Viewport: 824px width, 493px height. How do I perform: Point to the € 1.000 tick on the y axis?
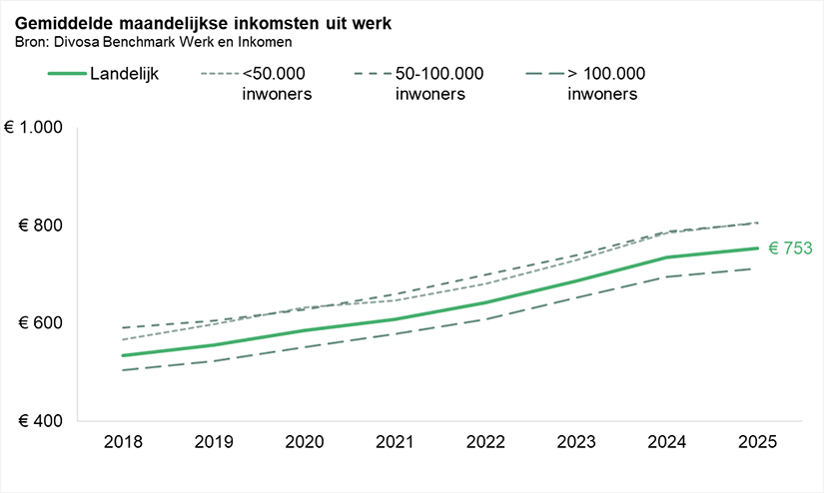[x=34, y=128]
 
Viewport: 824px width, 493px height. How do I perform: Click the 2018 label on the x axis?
[x=122, y=443]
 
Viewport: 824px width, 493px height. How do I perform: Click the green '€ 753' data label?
[x=788, y=248]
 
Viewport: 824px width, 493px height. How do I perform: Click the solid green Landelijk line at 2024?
[x=667, y=257]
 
